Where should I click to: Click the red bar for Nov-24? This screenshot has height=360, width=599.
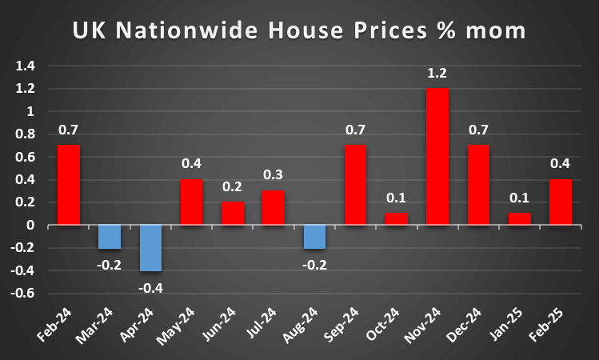pos(437,156)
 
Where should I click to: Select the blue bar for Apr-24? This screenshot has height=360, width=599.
pos(150,248)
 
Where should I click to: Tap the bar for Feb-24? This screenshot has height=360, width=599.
pos(69,185)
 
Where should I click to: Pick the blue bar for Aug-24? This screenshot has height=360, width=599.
pos(314,237)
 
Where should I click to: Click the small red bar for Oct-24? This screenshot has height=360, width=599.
pos(397,219)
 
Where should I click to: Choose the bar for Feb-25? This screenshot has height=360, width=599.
pos(560,202)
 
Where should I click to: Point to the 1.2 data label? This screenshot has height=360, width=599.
pos(437,74)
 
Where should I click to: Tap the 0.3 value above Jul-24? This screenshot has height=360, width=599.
pos(274,175)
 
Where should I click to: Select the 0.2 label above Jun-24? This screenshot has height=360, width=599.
pos(233,187)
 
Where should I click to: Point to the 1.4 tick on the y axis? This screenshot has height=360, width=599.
pos(26,66)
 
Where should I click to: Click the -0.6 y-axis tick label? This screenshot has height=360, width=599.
pos(24,294)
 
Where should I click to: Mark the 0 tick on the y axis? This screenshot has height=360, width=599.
pos(32,226)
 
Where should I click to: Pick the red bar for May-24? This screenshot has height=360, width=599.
pos(191,202)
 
